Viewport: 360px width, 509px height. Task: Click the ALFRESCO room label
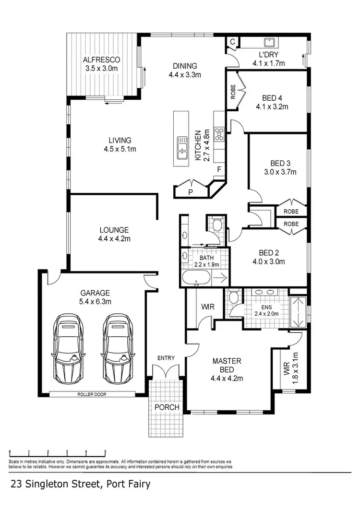coord(101,60)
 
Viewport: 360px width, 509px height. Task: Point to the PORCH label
coord(167,407)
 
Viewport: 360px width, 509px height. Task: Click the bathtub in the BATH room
coord(196,277)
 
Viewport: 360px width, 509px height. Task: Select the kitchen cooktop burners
coord(219,133)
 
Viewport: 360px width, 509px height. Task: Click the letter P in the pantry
coord(191,192)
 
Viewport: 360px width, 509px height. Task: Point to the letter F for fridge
coord(219,169)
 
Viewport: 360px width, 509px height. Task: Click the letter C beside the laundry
coord(232,42)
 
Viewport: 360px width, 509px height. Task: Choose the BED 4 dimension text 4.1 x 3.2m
coord(272,107)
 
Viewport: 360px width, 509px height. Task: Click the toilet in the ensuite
coord(234,296)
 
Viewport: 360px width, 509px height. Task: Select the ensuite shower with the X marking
coord(299,311)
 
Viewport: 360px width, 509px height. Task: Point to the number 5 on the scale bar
coord(105,452)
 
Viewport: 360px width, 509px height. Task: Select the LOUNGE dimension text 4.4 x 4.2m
coord(114,238)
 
